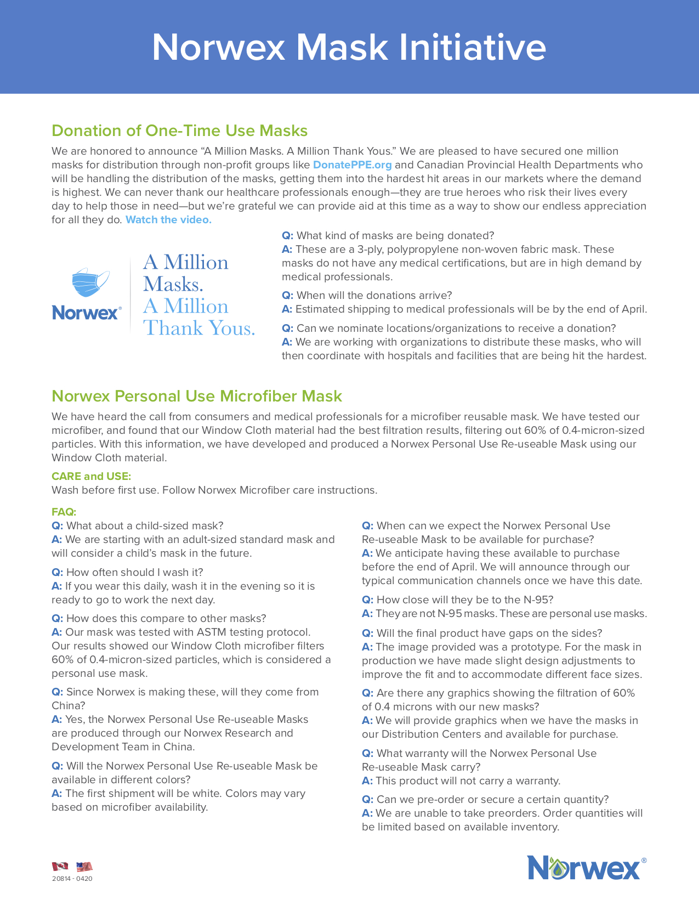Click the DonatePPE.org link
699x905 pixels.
352,165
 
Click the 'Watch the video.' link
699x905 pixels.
168,220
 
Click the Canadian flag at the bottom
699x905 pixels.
60,867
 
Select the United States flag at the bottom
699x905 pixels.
84,867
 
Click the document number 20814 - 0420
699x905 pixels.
72,879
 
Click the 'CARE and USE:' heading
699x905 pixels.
91,476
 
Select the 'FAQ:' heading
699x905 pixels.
64,512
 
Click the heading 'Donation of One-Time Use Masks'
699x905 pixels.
179,131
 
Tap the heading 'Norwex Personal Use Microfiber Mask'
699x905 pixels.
196,396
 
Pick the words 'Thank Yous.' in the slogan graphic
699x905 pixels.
199,328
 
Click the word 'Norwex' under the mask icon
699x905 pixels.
86,313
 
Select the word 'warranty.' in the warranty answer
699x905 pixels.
538,781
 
